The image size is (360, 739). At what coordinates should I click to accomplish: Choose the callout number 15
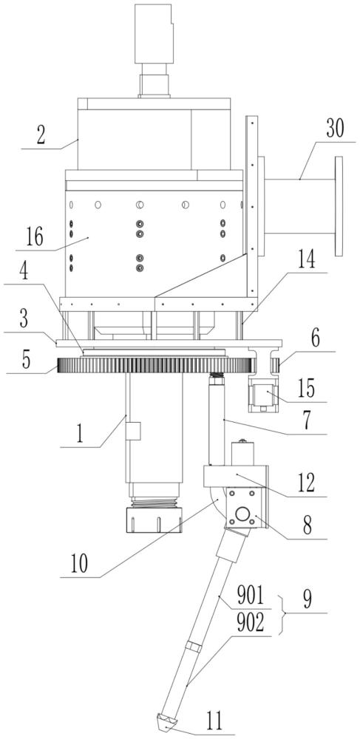coord(308,389)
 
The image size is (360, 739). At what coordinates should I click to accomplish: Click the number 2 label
coord(41,135)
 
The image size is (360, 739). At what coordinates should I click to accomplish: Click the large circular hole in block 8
coord(242,514)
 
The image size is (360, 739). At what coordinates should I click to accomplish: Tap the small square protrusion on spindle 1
coord(133,431)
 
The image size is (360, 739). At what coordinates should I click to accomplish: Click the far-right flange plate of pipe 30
coord(339,206)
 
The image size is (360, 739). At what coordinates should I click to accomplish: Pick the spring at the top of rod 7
coord(216,375)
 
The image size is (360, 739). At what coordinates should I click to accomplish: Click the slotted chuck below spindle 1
coord(153,520)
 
